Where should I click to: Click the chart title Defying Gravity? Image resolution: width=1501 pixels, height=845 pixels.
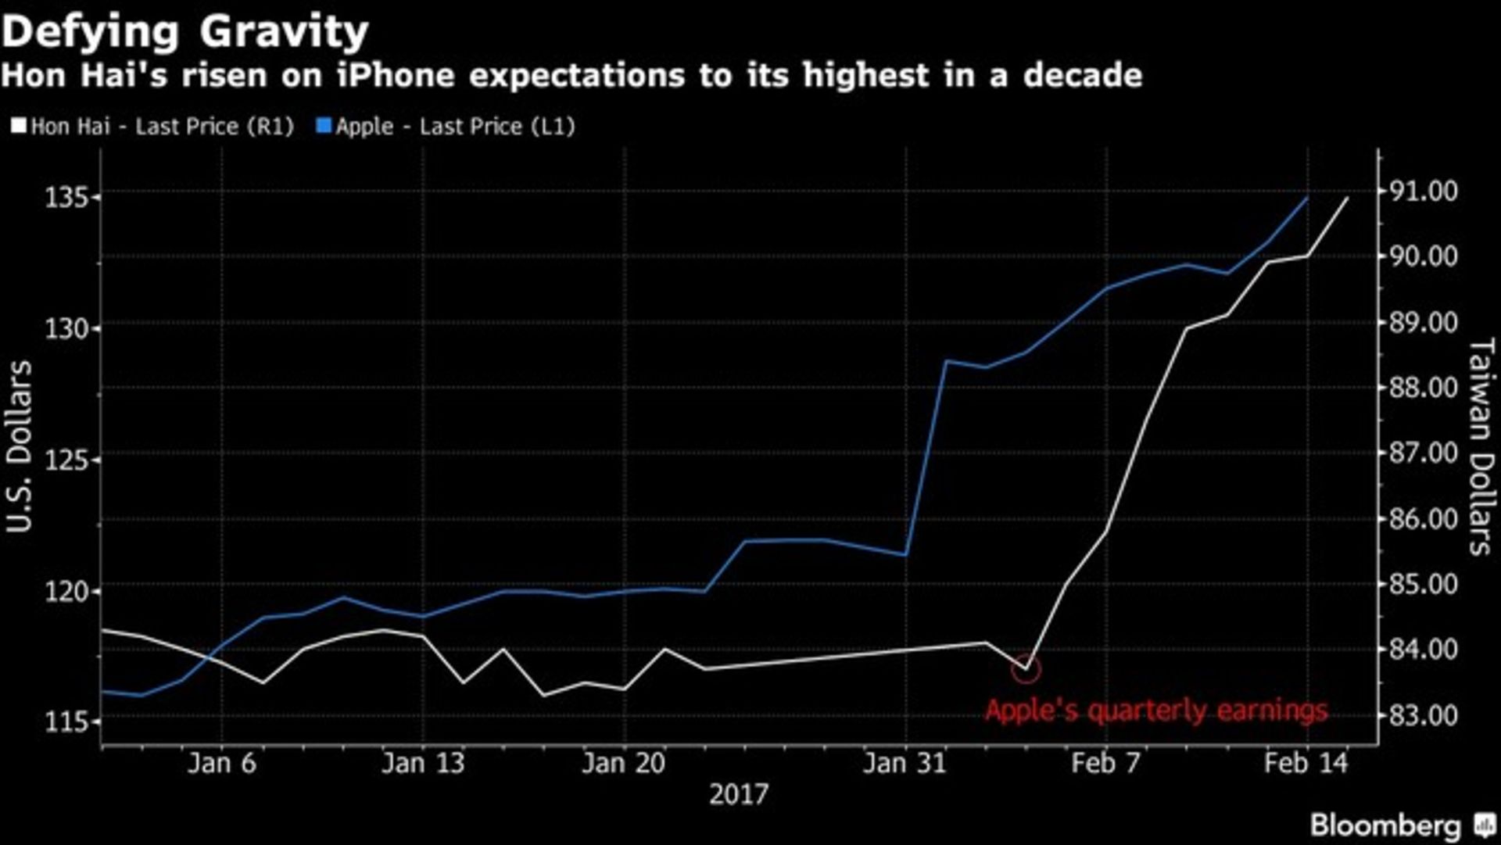[x=184, y=33]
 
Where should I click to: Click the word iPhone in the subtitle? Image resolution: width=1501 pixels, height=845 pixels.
[x=396, y=76]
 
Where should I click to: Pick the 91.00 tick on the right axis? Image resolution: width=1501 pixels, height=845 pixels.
[x=1423, y=192]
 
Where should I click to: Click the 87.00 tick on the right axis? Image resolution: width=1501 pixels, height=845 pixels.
[x=1423, y=453]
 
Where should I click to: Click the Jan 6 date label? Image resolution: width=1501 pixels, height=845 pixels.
[x=222, y=763]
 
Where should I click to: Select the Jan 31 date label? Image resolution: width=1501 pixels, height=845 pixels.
[x=905, y=763]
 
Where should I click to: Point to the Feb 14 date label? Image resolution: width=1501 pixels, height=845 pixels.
[x=1306, y=763]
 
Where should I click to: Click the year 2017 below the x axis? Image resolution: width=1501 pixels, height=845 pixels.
[x=739, y=795]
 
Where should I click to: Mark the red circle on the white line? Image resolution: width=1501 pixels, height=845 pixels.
[x=1026, y=669]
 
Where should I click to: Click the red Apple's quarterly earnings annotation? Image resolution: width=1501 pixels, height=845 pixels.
[x=1155, y=711]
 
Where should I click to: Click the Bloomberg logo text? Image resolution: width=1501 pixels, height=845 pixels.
[x=1385, y=825]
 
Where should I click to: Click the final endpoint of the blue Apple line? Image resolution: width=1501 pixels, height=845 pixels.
[x=1307, y=199]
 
